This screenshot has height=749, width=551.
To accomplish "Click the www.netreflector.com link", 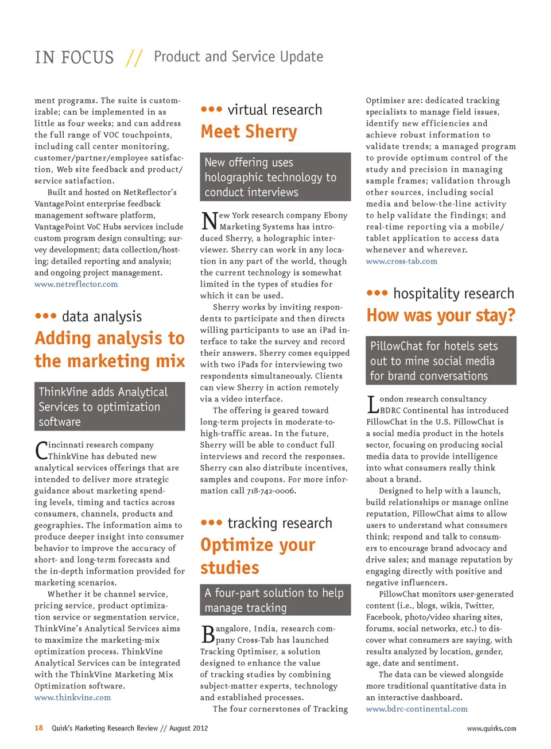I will pos(76,284).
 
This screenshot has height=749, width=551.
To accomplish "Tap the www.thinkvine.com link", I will pos(72,697).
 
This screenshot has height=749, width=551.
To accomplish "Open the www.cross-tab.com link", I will pos(401,261).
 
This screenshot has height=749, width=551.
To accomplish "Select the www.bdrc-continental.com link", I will pos(417,709).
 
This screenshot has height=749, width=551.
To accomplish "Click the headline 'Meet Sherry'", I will pos(249,132).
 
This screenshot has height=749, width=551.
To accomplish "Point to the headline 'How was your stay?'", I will pos(441,316).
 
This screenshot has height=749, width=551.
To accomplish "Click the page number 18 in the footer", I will pos(38,728).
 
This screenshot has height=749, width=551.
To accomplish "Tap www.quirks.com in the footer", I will pos(491,729).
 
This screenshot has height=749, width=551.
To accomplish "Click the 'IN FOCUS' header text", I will pos(74,57).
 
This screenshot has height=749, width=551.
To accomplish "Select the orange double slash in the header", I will pos(134,57).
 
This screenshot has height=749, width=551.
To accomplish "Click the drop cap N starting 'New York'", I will pos(209,220).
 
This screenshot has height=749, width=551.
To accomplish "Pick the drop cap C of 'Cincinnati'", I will pos(41,450).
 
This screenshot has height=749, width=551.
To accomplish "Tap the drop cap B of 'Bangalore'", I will pos(208,634).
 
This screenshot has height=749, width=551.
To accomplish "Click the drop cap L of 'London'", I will pos(372,404).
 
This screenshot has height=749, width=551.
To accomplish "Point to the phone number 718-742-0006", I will pos(271,491).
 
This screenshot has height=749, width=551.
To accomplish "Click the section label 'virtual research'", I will pos(274,110).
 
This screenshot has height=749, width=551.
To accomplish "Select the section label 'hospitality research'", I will pos(453,293).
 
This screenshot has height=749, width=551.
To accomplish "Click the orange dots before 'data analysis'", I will pos(45,316).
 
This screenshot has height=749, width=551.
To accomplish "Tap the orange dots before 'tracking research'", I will pos(211,522).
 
